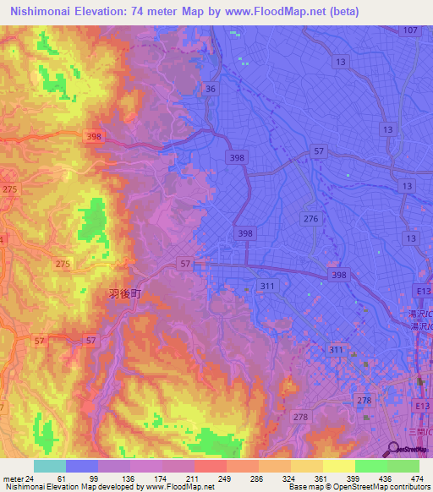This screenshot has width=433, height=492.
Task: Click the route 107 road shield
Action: point(411,30)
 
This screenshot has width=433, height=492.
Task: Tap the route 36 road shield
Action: point(211,89)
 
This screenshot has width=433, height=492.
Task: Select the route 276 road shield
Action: point(311,219)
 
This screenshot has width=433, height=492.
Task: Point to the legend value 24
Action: point(30,478)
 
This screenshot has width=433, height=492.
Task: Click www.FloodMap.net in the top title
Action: point(283,12)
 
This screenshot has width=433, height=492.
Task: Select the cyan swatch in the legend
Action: point(50,466)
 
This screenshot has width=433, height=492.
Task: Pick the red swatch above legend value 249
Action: point(210,466)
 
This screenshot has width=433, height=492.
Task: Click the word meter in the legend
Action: point(11,478)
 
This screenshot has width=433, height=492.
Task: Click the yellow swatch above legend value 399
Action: point(338,466)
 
